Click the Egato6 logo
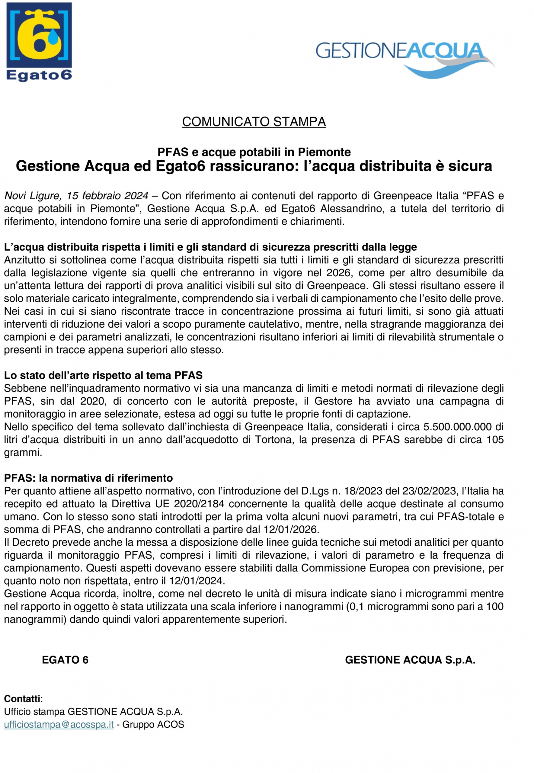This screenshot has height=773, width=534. [x=39, y=42]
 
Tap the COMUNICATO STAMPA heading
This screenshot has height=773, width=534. [x=254, y=122]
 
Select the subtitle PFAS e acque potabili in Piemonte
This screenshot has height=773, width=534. [x=254, y=152]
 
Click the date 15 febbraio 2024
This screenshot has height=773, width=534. [x=107, y=196]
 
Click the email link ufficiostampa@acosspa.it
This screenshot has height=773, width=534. [x=59, y=724]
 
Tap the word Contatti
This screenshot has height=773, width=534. [x=22, y=699]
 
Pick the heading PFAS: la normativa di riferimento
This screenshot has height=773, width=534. [x=88, y=478]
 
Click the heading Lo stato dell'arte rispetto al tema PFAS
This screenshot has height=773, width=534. [x=103, y=375]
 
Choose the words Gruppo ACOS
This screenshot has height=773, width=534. [x=153, y=724]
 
